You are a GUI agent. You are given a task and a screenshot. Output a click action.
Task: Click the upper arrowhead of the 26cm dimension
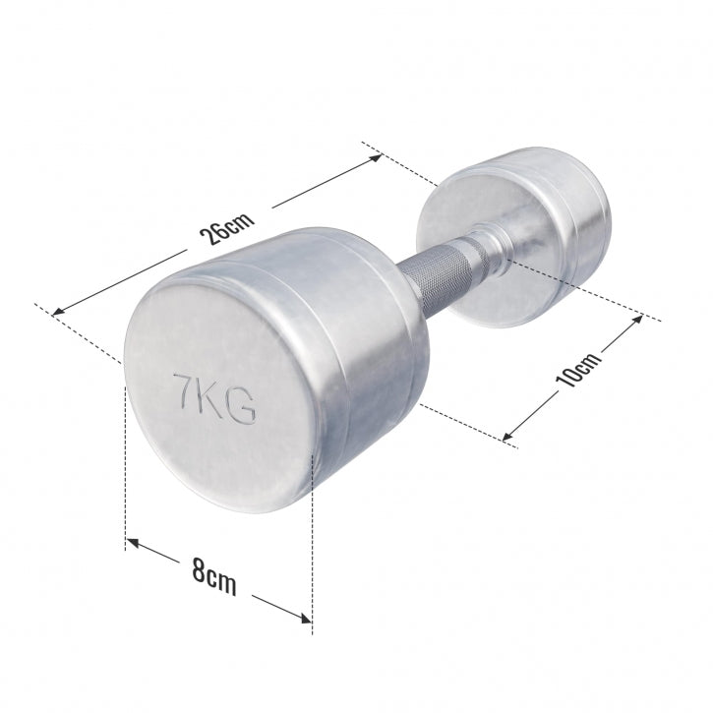click(377, 157)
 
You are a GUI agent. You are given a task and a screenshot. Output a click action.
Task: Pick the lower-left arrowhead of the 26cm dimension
click(59, 312)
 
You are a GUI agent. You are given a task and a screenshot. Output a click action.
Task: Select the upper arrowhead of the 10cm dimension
click(637, 319)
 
